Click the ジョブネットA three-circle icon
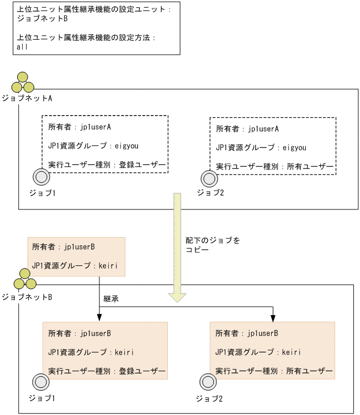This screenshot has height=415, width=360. [x=23, y=83]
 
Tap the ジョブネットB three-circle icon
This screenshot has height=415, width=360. [x=25, y=280]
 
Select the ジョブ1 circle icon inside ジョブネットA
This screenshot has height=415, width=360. [x=41, y=177]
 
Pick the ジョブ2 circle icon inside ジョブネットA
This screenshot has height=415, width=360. [x=209, y=177]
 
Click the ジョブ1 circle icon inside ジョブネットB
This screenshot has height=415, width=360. [x=41, y=382]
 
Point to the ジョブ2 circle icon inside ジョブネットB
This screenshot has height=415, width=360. [x=208, y=382]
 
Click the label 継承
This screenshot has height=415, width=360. [x=111, y=299]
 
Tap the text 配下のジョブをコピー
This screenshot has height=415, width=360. [x=213, y=245]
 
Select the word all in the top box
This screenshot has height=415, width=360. [x=23, y=47]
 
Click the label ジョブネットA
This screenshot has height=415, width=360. [x=27, y=98]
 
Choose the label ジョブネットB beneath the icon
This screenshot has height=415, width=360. [x=27, y=297]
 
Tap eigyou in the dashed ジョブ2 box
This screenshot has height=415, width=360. [x=294, y=148]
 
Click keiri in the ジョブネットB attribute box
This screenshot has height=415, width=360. [x=109, y=265]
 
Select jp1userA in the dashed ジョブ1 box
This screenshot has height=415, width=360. [x=96, y=127]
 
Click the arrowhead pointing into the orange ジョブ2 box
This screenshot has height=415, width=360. [x=273, y=318]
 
